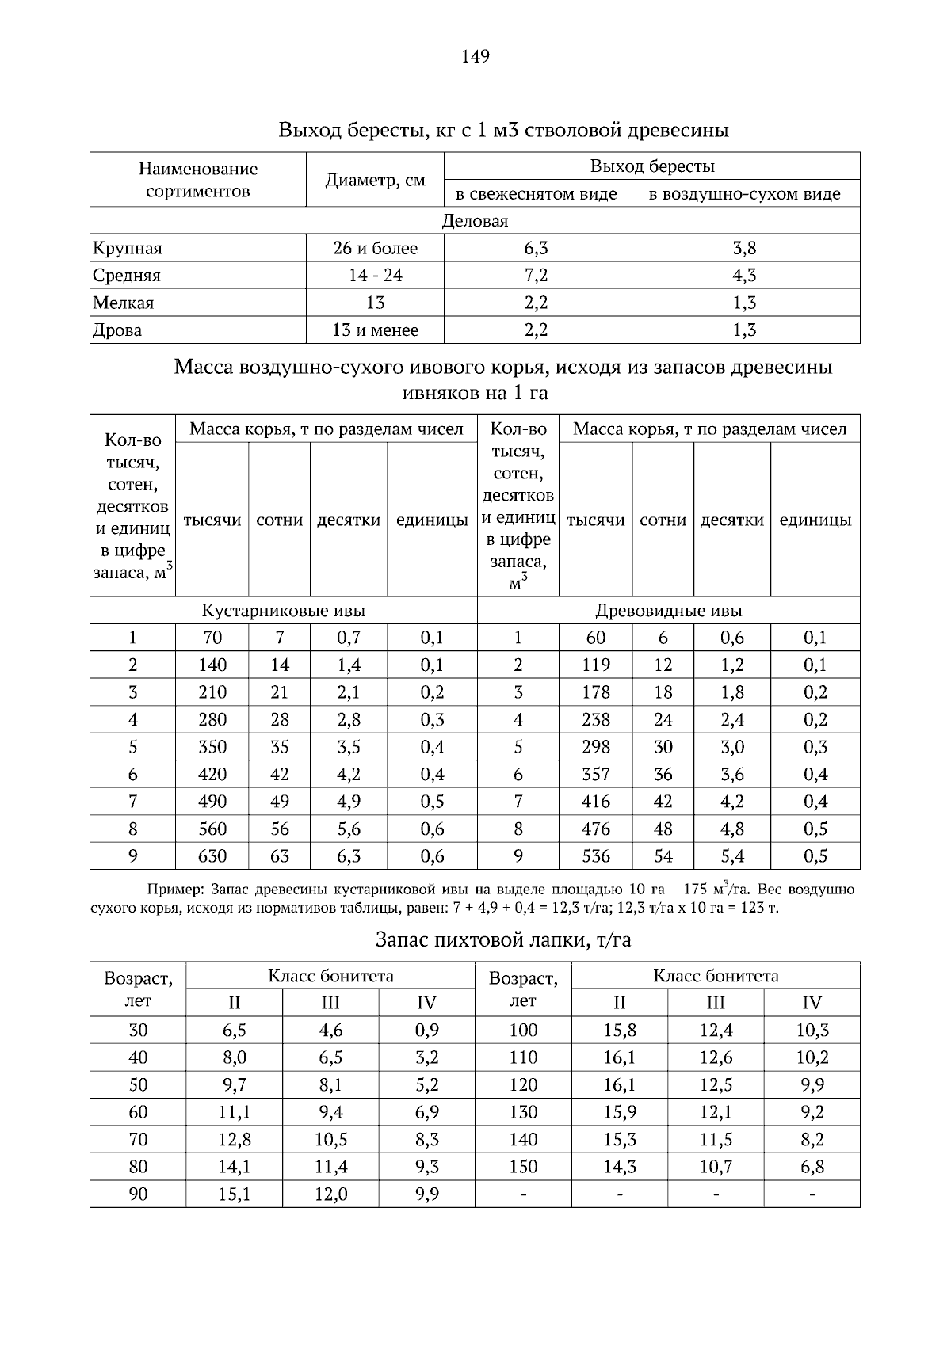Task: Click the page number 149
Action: click(475, 56)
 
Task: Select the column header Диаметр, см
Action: click(375, 180)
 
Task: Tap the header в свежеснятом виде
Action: click(536, 194)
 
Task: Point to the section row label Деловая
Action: click(475, 221)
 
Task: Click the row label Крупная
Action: click(128, 249)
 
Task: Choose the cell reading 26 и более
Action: click(375, 249)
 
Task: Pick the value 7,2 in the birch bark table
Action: click(536, 276)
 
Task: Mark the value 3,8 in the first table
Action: click(744, 249)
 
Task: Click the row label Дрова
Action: click(117, 330)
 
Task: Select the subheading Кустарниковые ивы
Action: click(283, 611)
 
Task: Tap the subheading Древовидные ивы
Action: click(669, 611)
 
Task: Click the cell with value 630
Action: click(212, 856)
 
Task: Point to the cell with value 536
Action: click(596, 856)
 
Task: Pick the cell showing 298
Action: click(596, 747)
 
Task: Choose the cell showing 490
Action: click(212, 802)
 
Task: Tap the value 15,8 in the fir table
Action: click(620, 1031)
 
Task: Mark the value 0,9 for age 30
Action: click(426, 1031)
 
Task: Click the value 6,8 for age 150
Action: click(812, 1167)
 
